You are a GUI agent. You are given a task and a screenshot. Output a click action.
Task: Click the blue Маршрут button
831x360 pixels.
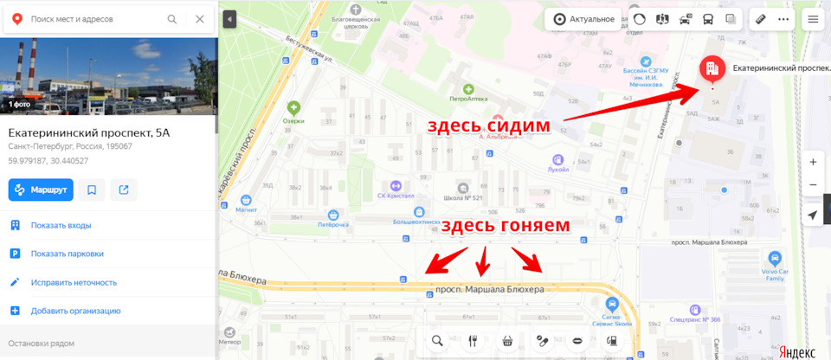coord(41,189)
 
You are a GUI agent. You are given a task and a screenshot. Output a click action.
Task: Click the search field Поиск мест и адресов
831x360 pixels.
coord(95,18)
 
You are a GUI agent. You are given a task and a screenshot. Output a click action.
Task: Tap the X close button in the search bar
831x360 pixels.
coord(200,18)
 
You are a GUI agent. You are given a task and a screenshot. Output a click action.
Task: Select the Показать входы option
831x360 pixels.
coord(61,225)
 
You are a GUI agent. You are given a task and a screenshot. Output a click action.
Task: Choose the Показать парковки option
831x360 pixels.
coord(67,254)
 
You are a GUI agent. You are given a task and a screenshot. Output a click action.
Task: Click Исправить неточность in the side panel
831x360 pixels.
coord(73,282)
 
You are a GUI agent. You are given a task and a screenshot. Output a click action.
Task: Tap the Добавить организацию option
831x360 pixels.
coord(75,311)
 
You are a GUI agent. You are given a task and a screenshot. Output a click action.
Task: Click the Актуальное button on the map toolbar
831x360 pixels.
coord(584,18)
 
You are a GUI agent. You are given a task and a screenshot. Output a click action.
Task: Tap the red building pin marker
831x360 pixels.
coord(711,68)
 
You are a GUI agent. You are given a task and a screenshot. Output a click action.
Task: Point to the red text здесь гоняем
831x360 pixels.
coord(506,226)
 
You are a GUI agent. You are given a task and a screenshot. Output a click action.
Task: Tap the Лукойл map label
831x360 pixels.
coord(558,170)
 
